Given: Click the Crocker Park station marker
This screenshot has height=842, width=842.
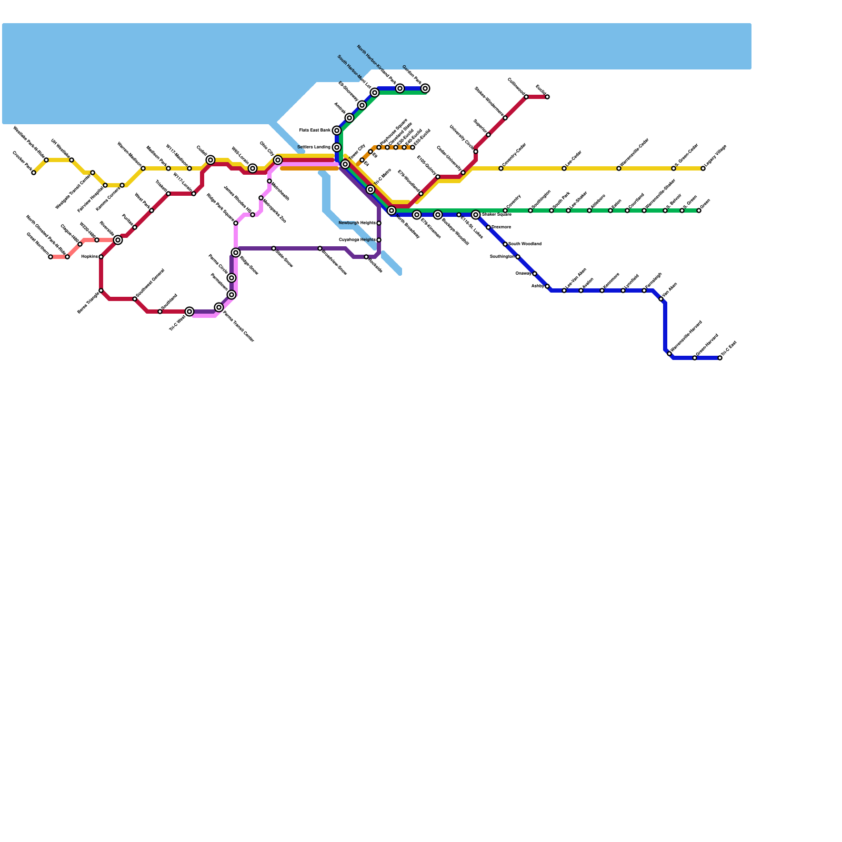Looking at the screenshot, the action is [34, 173].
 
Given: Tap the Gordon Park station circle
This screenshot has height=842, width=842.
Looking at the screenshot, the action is [425, 88].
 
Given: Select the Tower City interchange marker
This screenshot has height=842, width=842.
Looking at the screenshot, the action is [345, 164].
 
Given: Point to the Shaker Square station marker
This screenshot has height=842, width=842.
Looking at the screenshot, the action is [476, 215].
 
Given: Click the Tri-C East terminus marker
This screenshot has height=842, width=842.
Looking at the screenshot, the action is [720, 358].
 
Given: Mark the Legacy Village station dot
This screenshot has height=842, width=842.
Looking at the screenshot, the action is [703, 168].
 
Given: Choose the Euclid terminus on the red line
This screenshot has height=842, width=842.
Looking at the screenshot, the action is [547, 97].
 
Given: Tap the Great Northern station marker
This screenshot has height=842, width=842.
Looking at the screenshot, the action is [51, 257].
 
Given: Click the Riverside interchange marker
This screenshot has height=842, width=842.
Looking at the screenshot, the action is [118, 240].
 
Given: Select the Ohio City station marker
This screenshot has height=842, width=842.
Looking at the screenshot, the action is [278, 160].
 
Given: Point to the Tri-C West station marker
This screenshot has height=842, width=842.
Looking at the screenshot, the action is [189, 312].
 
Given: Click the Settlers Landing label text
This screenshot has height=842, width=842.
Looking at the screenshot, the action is [314, 147].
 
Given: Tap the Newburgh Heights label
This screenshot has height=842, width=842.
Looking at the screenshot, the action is [357, 223].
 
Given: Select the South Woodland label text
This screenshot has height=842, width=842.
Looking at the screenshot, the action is [525, 244].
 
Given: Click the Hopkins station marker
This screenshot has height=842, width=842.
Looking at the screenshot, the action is [101, 257].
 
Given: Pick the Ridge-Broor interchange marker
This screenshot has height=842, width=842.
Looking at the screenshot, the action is [236, 253].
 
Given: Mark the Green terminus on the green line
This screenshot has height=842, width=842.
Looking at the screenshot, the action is [699, 210].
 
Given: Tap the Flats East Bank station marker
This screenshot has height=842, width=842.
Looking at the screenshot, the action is [337, 131].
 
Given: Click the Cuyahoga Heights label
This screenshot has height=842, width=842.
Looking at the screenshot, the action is [357, 240].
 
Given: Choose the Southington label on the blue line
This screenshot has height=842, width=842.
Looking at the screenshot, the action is [502, 257].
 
